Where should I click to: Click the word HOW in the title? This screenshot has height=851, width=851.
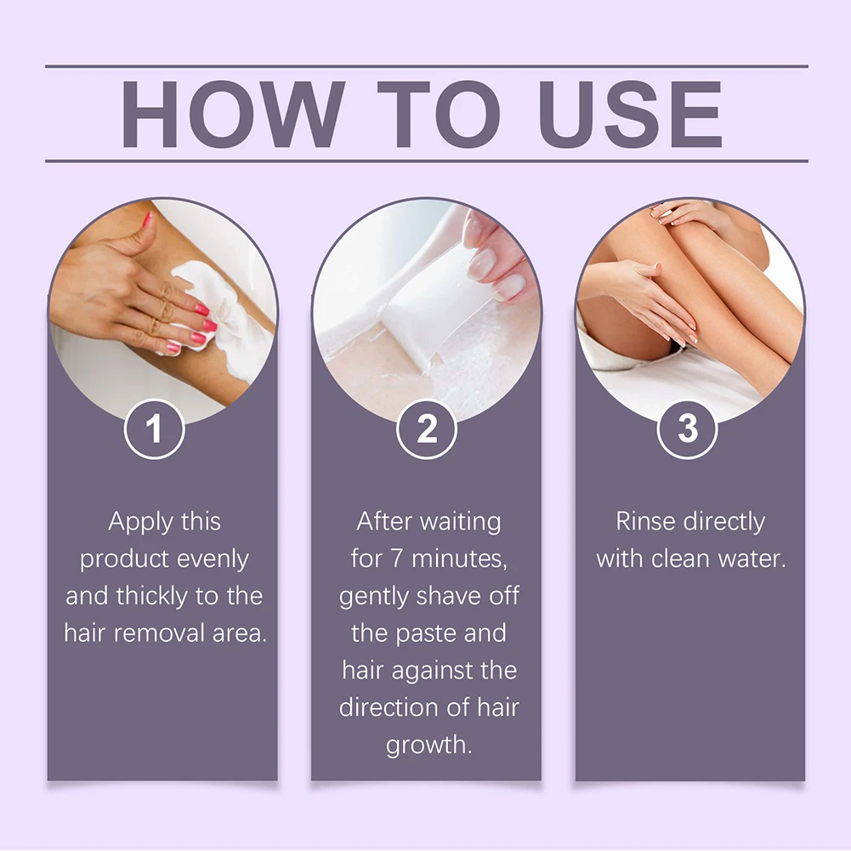[233, 114]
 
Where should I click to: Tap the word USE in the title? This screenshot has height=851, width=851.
[630, 114]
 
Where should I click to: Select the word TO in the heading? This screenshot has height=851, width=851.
[439, 114]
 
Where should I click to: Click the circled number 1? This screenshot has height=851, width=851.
[154, 428]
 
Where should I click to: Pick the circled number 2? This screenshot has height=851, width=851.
[427, 428]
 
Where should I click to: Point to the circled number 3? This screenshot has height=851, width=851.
[687, 428]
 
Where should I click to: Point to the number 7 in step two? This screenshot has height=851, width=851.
[397, 559]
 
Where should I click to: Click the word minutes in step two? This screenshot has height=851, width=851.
[459, 559]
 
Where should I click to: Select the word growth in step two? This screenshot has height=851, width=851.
[428, 746]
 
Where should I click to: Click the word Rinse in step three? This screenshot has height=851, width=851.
[646, 521]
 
